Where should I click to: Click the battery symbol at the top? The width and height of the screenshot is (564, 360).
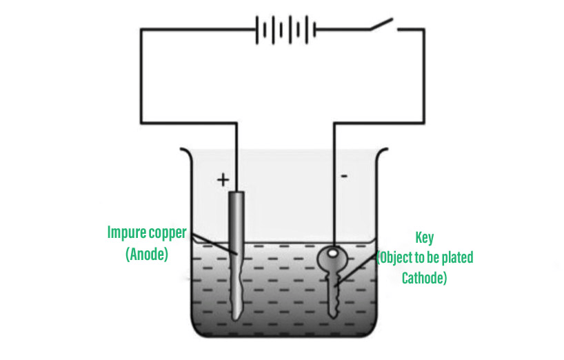pyautogui.click(x=285, y=30)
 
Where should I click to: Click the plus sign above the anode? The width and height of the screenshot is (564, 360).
pyautogui.click(x=222, y=180)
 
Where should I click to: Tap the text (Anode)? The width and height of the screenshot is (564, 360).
pyautogui.click(x=147, y=254)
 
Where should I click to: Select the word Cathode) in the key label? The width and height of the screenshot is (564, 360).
pyautogui.click(x=424, y=278)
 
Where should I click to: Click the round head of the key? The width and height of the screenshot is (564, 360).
pyautogui.click(x=332, y=259)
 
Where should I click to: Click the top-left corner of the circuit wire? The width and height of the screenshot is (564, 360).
pyautogui.click(x=141, y=30)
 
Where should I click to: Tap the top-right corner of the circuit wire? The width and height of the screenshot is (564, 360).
pyautogui.click(x=423, y=30)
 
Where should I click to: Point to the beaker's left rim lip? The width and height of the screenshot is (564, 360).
pyautogui.click(x=183, y=150)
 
